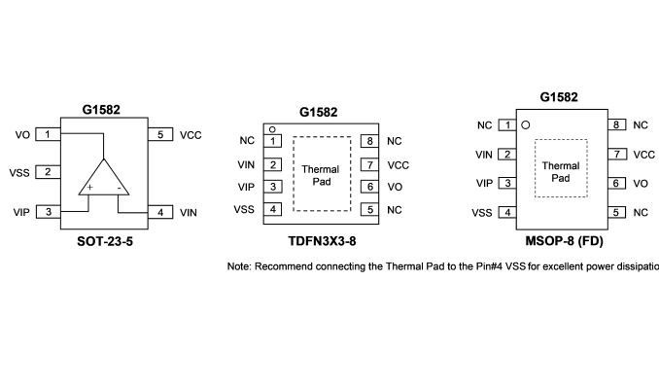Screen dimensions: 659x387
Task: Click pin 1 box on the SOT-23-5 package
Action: pyautogui.click(x=48, y=134)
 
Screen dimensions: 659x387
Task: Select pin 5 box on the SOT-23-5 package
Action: pyautogui.click(x=160, y=134)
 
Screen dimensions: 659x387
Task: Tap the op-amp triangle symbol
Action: pyautogui.click(x=103, y=177)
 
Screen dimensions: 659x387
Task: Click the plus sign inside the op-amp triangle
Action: pyautogui.click(x=89, y=188)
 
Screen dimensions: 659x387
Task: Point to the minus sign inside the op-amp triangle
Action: pyautogui.click(x=120, y=188)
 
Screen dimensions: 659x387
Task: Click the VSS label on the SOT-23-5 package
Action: pyautogui.click(x=19, y=173)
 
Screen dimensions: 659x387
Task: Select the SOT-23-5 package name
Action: pyautogui.click(x=105, y=241)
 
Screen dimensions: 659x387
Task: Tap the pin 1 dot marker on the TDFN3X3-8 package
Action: pyautogui.click(x=272, y=129)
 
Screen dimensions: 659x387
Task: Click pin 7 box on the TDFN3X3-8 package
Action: pyautogui.click(x=370, y=165)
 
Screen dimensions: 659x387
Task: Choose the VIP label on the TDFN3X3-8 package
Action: pyautogui.click(x=246, y=187)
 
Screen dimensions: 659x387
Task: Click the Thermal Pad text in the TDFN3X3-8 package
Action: pyautogui.click(x=321, y=175)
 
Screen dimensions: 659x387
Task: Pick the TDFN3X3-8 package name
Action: pyautogui.click(x=322, y=241)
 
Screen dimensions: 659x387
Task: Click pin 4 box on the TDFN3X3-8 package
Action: pyautogui.click(x=273, y=209)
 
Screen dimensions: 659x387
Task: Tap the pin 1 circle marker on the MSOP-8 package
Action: pyautogui.click(x=525, y=124)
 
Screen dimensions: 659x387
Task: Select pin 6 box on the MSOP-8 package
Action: pyautogui.click(x=616, y=184)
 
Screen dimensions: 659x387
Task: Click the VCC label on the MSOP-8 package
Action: pyautogui.click(x=643, y=155)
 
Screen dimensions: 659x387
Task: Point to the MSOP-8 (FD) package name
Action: pyautogui.click(x=564, y=241)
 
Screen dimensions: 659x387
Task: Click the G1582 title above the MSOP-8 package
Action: pyautogui.click(x=559, y=97)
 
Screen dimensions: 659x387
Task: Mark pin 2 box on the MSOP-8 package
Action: pyautogui.click(x=507, y=155)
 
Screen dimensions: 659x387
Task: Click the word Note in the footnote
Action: pyautogui.click(x=239, y=266)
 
